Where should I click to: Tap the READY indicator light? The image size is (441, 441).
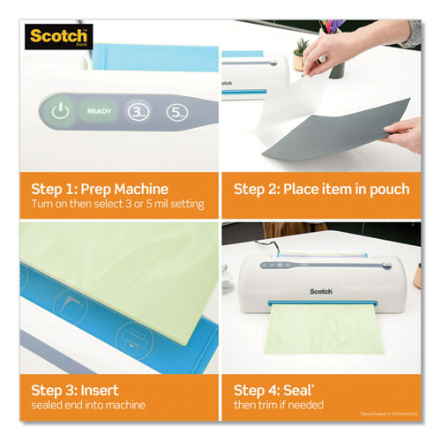(98, 112)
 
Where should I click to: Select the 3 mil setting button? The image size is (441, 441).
(138, 113)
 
